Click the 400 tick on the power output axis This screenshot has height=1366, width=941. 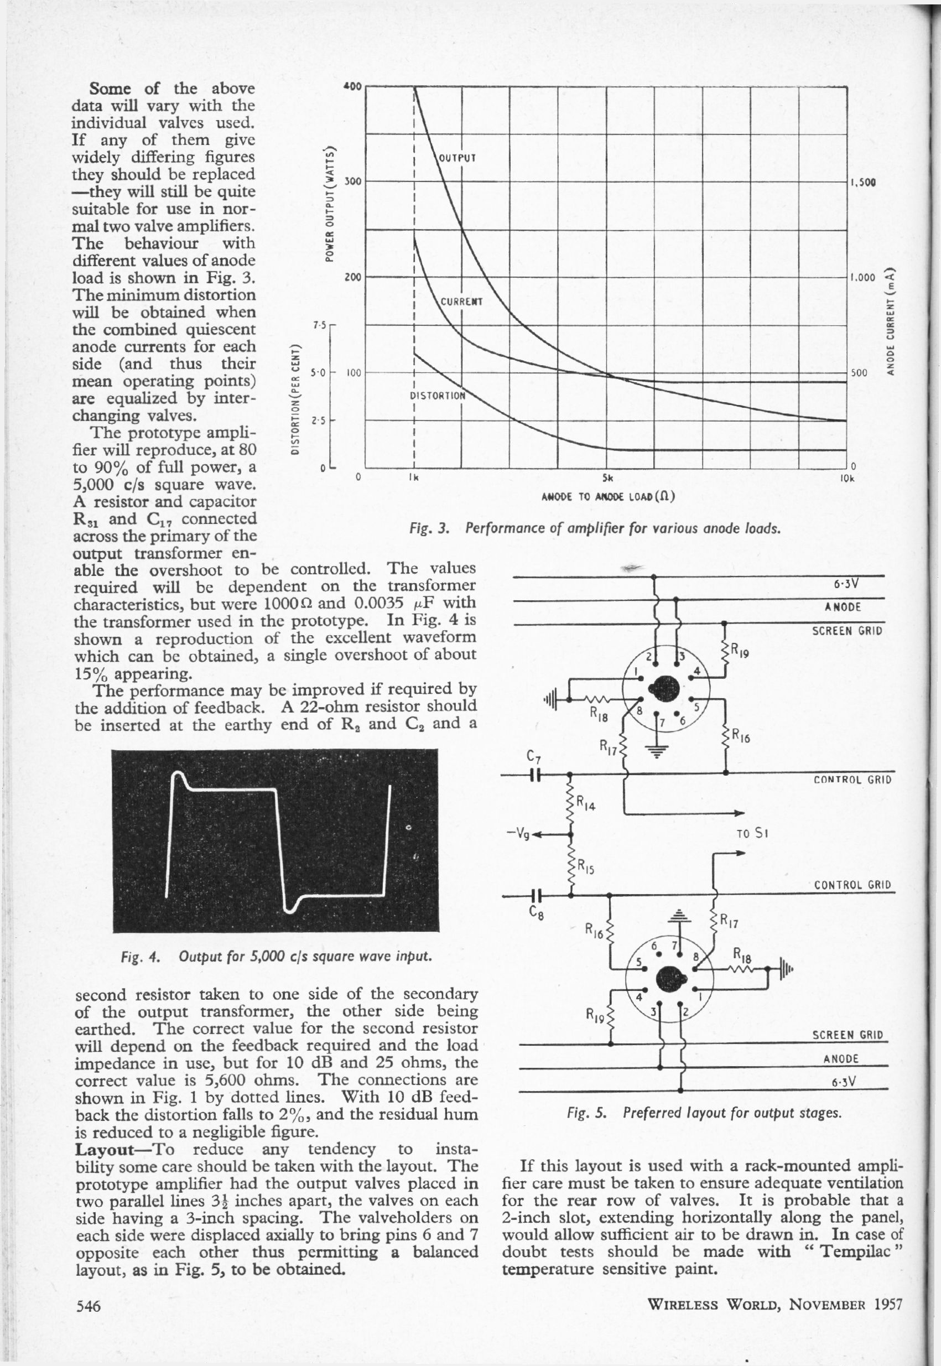(352, 86)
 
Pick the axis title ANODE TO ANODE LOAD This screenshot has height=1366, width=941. (607, 496)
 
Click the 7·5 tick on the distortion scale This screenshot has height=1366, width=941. (319, 326)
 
